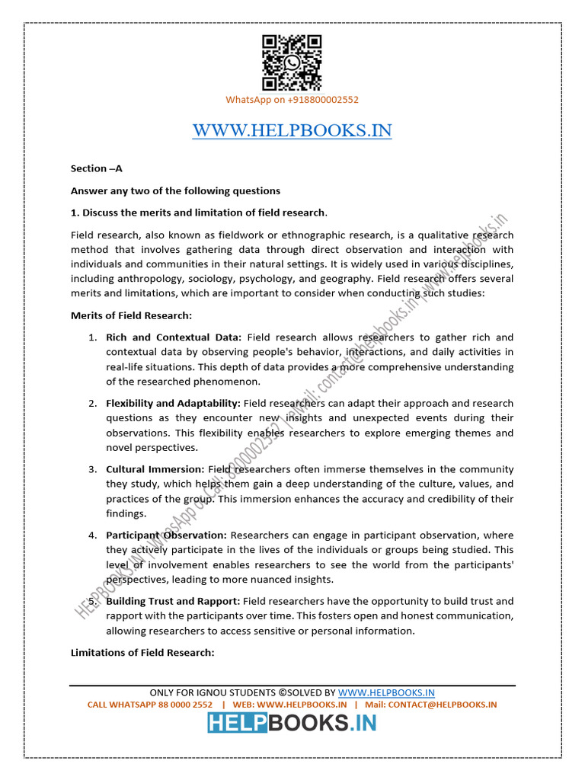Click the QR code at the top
292,63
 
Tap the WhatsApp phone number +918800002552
320,100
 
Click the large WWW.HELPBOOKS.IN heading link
292,131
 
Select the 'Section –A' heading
97,168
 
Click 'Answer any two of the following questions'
175,190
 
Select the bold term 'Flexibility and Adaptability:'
173,403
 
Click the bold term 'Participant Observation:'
166,535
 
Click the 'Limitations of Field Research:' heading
142,653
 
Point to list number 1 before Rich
91,337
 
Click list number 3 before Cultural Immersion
91,469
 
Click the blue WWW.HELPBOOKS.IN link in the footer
386,692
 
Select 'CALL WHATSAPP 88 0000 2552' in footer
150,705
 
